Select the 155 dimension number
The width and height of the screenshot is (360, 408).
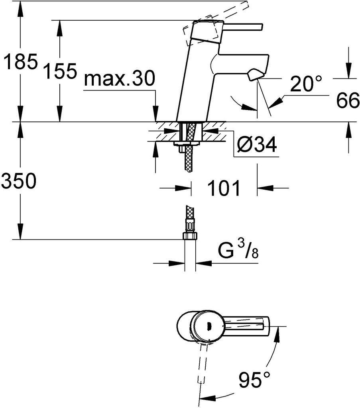pos(60,71)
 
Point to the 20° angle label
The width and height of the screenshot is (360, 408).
pos(306,84)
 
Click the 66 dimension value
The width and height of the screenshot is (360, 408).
pos(348,100)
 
